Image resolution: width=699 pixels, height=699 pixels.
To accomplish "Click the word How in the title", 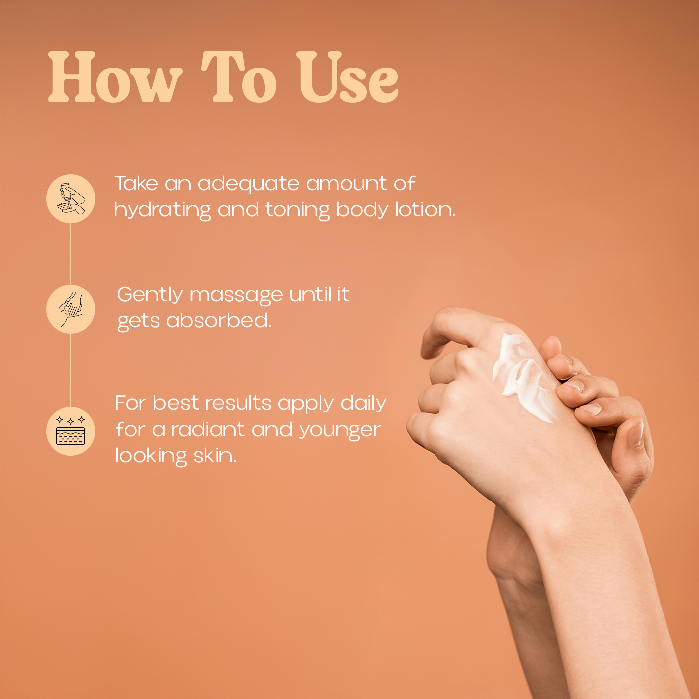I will tap(115, 78).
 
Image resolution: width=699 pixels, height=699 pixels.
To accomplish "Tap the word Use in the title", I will tap(348, 78).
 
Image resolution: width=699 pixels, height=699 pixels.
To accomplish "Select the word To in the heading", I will tap(239, 78).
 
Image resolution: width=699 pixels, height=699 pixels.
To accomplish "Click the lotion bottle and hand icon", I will tap(71, 199).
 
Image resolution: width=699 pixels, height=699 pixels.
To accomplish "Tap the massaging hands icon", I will tap(71, 309).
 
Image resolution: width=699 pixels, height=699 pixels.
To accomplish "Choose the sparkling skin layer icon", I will tap(71, 431).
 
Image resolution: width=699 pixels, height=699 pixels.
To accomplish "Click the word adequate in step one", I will tap(249, 184).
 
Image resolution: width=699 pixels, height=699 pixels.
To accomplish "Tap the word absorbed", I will tap(219, 321).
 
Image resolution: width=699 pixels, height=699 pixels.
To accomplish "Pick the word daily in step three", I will tap(363, 404).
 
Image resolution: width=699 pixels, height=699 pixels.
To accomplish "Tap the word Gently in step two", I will tap(150, 295).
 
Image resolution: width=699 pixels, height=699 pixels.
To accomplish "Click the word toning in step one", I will tap(297, 210).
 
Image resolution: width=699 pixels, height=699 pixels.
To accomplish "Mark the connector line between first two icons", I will tap(70, 254).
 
